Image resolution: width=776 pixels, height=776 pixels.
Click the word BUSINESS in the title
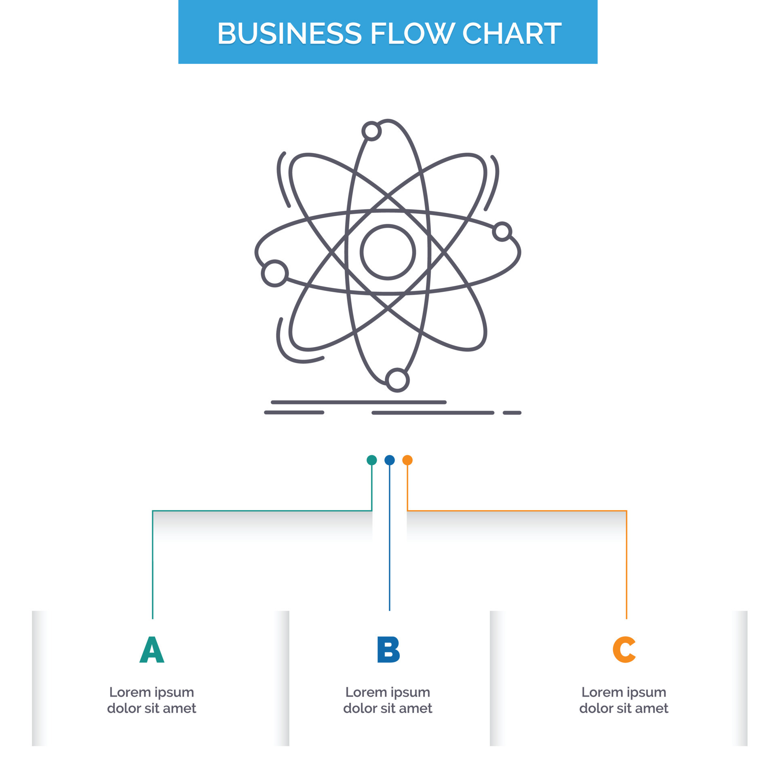pyautogui.click(x=289, y=33)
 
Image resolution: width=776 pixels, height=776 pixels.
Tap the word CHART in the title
pyautogui.click(x=512, y=33)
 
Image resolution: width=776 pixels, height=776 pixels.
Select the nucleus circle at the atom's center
pyautogui.click(x=388, y=252)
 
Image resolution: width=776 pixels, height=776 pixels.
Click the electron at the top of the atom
pyautogui.click(x=371, y=131)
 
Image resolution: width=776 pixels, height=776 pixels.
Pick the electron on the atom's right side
pyautogui.click(x=502, y=232)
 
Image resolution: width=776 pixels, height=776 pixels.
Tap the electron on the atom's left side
pyautogui.click(x=275, y=273)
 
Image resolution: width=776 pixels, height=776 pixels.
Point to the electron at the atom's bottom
pyautogui.click(x=397, y=380)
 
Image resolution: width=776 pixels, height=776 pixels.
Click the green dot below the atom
pyautogui.click(x=371, y=460)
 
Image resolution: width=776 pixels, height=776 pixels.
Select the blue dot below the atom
pyautogui.click(x=389, y=460)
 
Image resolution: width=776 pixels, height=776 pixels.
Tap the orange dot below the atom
pyautogui.click(x=407, y=460)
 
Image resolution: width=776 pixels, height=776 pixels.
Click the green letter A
pyautogui.click(x=152, y=649)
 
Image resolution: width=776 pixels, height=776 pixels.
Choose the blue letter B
pyautogui.click(x=388, y=649)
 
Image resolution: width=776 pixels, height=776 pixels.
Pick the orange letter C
pyautogui.click(x=624, y=649)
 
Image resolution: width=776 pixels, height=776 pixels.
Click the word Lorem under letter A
pyautogui.click(x=129, y=692)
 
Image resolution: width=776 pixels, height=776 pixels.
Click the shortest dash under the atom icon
pyautogui.click(x=512, y=413)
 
